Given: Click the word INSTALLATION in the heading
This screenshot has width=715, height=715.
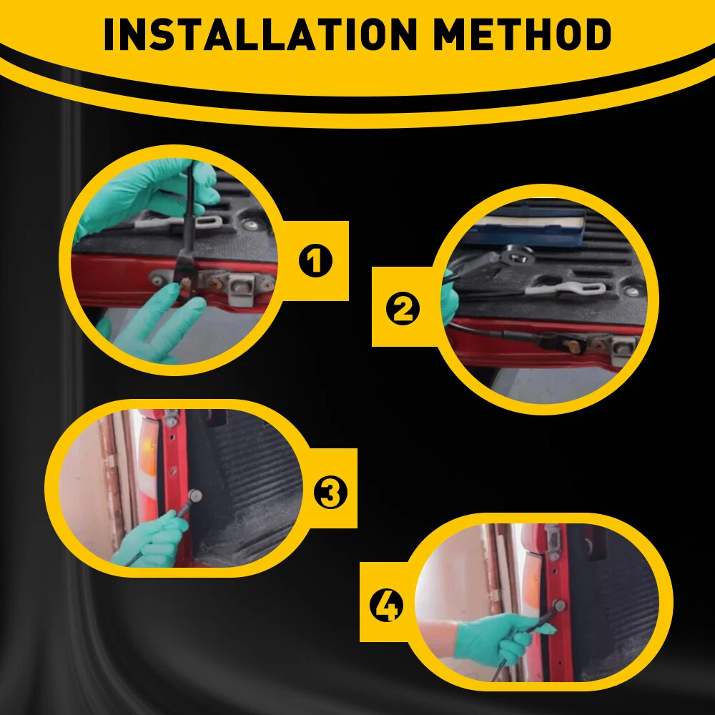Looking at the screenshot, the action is [x=260, y=34].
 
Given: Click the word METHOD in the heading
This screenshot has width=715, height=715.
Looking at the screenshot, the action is [x=522, y=34].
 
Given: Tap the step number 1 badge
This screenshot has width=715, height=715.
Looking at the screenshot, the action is [x=315, y=261].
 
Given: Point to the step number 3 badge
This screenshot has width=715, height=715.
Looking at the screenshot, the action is [x=330, y=493].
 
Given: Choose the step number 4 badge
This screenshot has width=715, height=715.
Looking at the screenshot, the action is [x=386, y=606].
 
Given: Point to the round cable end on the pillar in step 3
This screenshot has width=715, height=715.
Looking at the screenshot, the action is [x=195, y=496].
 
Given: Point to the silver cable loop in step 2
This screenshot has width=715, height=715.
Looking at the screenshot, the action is [x=566, y=289].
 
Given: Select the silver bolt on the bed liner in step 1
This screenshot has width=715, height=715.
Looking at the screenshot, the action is [x=250, y=225].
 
